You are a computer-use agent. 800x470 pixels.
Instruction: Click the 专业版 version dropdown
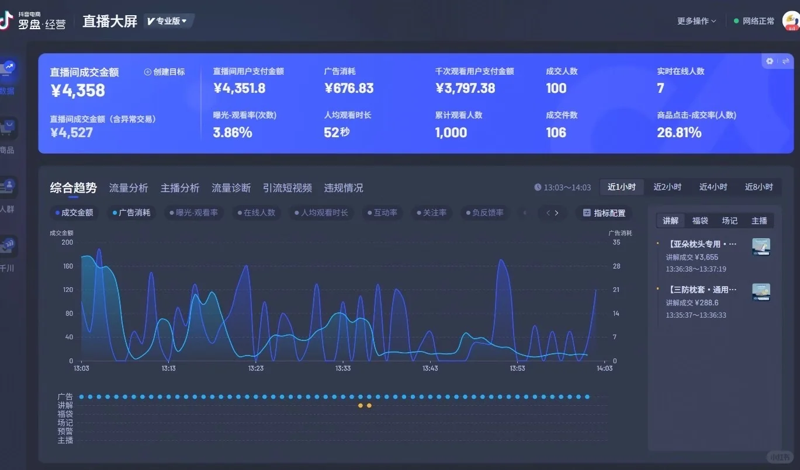pyautogui.click(x=168, y=21)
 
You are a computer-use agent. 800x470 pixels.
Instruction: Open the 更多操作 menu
pyautogui.click(x=696, y=21)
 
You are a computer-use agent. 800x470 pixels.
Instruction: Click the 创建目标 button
pyautogui.click(x=164, y=72)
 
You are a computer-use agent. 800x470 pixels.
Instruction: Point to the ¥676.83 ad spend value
pyautogui.click(x=348, y=88)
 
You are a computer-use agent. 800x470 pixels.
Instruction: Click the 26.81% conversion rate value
pyautogui.click(x=679, y=133)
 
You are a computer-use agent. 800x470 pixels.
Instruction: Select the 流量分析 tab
pyautogui.click(x=129, y=188)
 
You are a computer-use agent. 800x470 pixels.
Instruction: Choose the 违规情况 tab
pyautogui.click(x=344, y=188)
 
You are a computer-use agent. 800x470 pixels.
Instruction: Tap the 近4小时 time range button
pyautogui.click(x=713, y=187)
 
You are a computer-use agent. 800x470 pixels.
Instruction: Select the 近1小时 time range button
pyautogui.click(x=622, y=187)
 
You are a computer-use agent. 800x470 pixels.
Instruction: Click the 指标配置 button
pyautogui.click(x=604, y=213)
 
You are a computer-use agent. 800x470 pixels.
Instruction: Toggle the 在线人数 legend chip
pyautogui.click(x=257, y=213)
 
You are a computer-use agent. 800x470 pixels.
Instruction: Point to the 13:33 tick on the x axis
pyautogui.click(x=343, y=368)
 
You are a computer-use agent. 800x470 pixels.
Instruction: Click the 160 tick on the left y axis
pyautogui.click(x=68, y=266)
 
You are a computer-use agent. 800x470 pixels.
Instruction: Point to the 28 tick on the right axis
pyautogui.click(x=617, y=266)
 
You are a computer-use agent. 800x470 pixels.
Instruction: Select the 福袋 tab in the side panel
pyautogui.click(x=700, y=221)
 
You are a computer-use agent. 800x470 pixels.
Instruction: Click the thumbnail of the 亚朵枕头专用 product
pyautogui.click(x=761, y=246)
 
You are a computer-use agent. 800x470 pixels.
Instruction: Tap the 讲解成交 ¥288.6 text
pyautogui.click(x=692, y=303)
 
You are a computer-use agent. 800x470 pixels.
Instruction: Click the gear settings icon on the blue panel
pyautogui.click(x=770, y=61)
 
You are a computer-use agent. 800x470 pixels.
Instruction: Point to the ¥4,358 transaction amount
pyautogui.click(x=78, y=90)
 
